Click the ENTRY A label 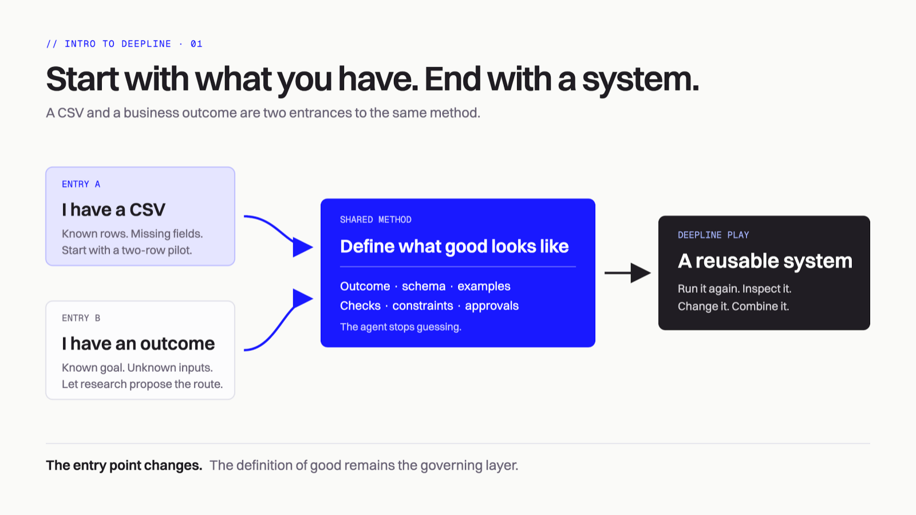(81, 184)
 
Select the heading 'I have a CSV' (114, 209)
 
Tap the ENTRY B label (81, 318)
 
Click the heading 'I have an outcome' (138, 343)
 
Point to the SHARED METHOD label (376, 220)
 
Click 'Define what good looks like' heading (455, 247)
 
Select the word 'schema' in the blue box (424, 286)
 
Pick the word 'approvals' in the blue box (492, 306)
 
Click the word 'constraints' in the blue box (423, 306)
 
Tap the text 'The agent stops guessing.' (401, 327)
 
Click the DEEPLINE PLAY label (713, 235)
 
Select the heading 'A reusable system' (765, 261)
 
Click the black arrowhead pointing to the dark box (641, 273)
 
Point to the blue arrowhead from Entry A (303, 247)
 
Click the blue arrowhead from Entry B (303, 298)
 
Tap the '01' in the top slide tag (196, 44)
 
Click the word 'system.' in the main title (641, 80)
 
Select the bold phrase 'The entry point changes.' (124, 466)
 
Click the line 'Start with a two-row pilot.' (127, 250)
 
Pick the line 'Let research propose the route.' (143, 384)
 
